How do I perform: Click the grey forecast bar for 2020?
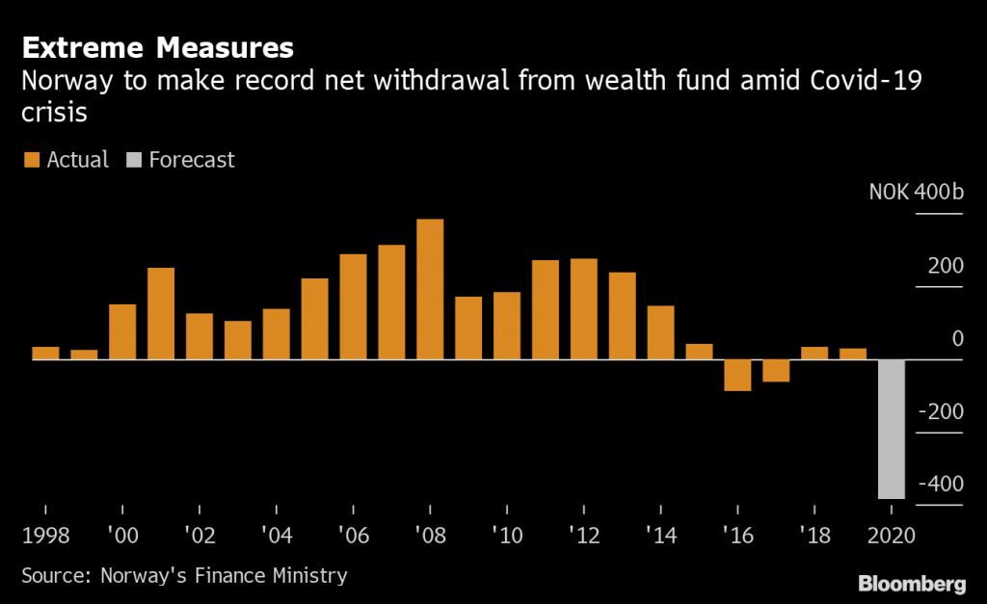click(x=892, y=429)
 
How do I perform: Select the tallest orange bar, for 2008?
click(x=430, y=289)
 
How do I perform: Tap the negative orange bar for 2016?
click(x=737, y=375)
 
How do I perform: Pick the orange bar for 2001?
click(x=161, y=313)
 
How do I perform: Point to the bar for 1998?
click(x=45, y=353)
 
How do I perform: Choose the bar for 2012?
click(x=583, y=308)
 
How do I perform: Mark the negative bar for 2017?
click(x=776, y=371)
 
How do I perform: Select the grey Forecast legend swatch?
click(x=131, y=160)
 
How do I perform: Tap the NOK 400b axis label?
click(x=916, y=192)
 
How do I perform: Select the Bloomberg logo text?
click(x=912, y=583)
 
